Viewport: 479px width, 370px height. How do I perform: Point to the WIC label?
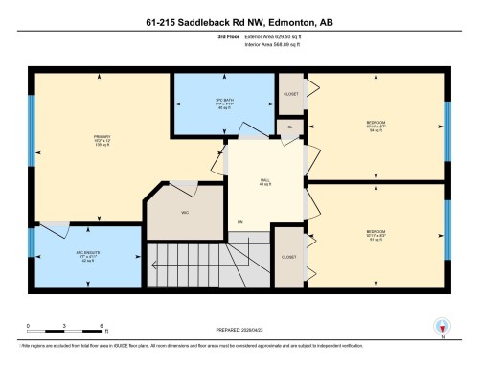(186, 213)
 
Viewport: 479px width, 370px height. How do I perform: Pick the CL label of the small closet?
(289, 127)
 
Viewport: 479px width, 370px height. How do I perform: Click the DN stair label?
(240, 222)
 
